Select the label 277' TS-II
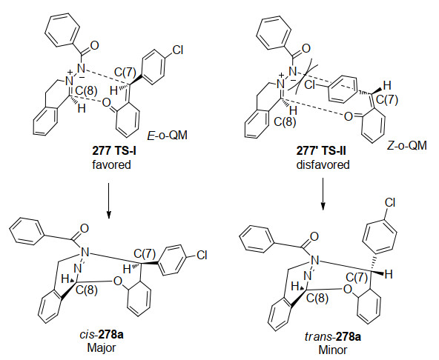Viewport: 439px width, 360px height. pos(321,151)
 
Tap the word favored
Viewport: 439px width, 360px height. pos(111,164)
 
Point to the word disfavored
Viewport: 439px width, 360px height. pos(323,164)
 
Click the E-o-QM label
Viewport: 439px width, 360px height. pos(167,136)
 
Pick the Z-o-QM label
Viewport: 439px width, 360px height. pos(407,145)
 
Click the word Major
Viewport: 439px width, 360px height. pos(102,348)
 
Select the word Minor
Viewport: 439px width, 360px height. pos(333,350)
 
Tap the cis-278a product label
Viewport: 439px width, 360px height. pos(102,335)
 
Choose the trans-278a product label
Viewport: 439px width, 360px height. pos(333,336)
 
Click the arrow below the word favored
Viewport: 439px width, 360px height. pos(108,201)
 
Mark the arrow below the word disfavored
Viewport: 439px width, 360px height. pos(323,193)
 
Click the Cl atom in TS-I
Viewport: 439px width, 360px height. pos(177,50)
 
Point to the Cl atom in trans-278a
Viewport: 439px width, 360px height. pos(390,202)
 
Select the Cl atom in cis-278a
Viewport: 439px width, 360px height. pos(201,255)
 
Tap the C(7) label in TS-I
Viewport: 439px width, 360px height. pos(125,73)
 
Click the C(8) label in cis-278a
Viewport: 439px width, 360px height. pos(87,290)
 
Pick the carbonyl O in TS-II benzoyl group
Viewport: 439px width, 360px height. pos(306,48)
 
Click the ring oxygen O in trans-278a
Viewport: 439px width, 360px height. pos(348,289)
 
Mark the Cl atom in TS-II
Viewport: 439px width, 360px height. pos(310,84)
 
